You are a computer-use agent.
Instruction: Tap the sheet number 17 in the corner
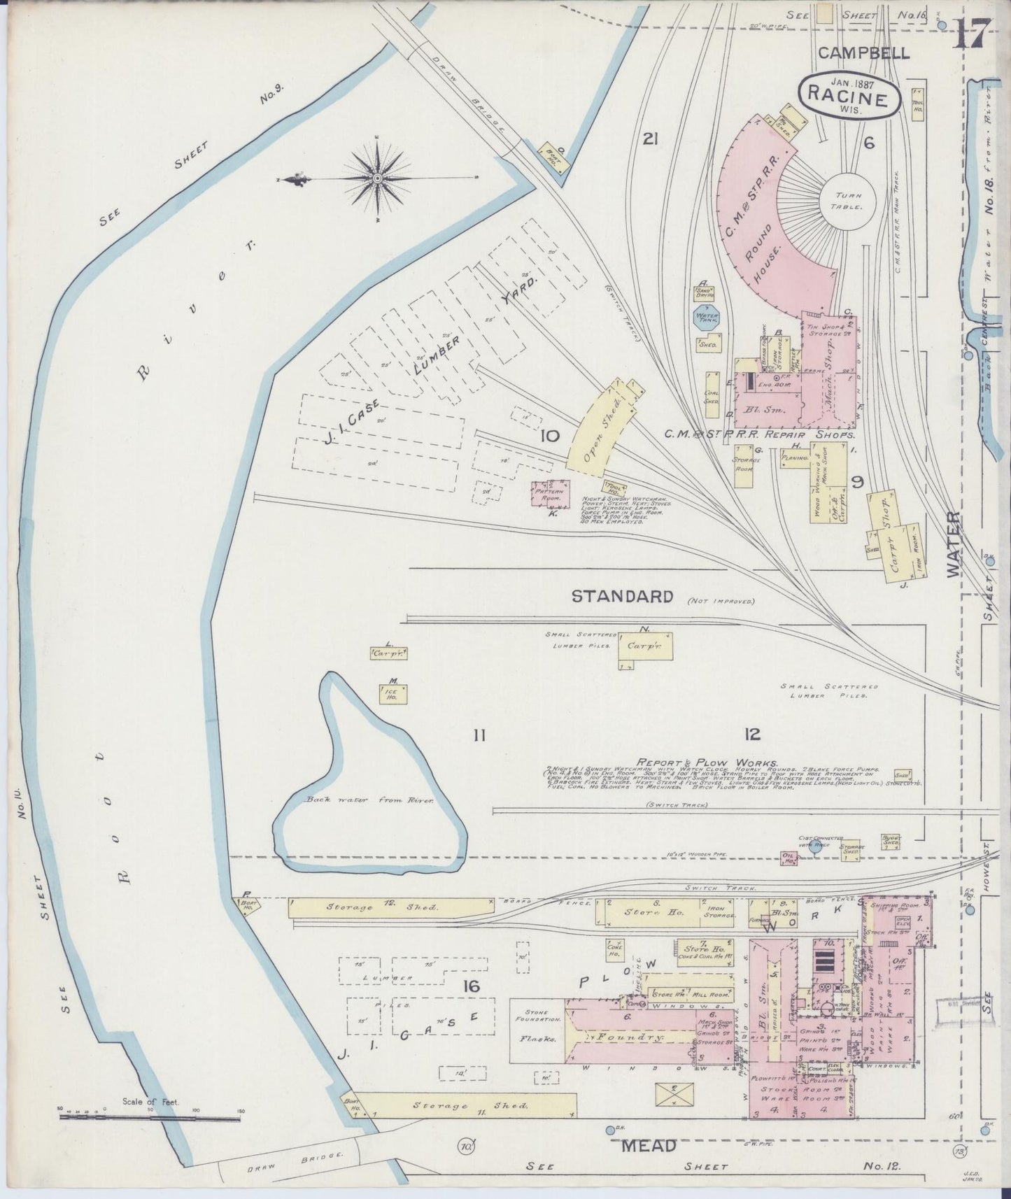973,34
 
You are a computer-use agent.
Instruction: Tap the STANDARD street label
622,596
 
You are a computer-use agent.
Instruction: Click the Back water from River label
369,800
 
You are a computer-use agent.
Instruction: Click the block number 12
752,734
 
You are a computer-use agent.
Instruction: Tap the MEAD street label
650,1145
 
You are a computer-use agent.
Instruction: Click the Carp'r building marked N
644,646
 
